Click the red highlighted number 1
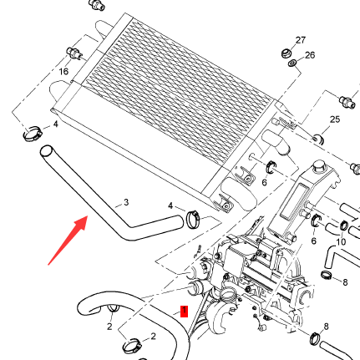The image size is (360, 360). pos(185,312)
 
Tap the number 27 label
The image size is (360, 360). pos(301,40)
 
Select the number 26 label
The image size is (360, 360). pos(310,55)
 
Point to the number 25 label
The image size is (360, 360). pos(335,119)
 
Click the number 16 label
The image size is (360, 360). pos(63,72)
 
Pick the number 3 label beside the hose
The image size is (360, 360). pos(126,202)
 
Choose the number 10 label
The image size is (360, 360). pos(341,241)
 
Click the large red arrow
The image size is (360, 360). pos(68,241)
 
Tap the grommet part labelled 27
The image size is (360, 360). pos(286,53)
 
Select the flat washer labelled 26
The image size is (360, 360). pos(292,63)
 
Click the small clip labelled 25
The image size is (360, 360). pos(318,139)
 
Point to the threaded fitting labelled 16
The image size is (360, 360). pos(74,53)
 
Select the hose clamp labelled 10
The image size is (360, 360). pos(344,225)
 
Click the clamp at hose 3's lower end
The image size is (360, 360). pos(193,219)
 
